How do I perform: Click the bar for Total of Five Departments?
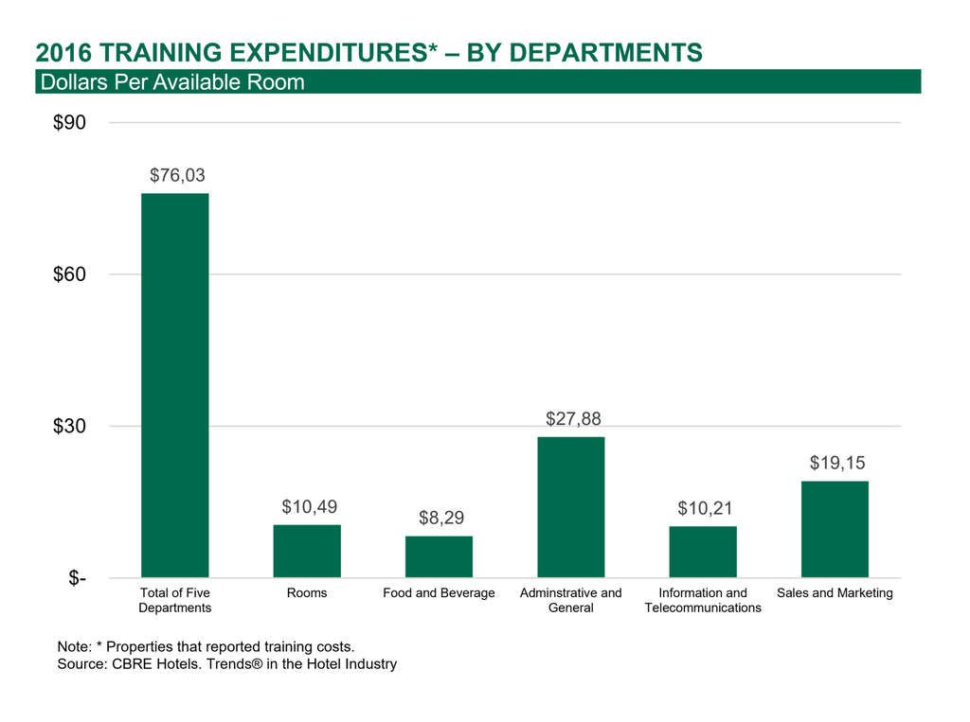175,385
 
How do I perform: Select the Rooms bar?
307,551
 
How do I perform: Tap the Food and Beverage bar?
439,556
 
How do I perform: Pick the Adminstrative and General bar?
570,506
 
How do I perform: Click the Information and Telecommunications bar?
703,552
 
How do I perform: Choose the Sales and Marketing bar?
835,529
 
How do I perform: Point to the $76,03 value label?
177,175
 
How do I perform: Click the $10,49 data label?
309,506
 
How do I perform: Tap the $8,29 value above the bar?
441,518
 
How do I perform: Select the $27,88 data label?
573,418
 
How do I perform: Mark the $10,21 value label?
705,508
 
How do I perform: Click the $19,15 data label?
836,463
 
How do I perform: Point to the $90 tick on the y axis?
71,123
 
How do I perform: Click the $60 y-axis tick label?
71,274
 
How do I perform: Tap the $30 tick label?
71,427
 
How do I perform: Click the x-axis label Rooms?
307,593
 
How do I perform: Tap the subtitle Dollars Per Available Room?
171,82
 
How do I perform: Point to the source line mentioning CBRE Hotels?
226,664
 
